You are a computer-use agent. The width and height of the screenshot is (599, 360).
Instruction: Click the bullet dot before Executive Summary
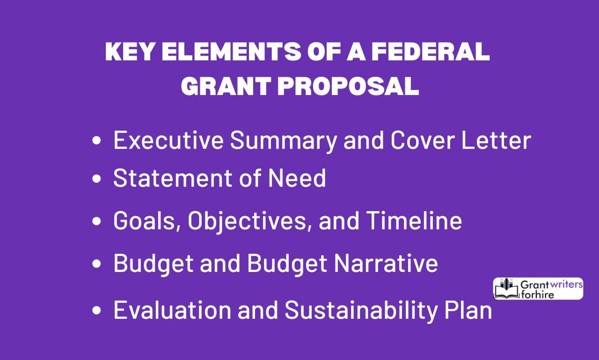point(97,141)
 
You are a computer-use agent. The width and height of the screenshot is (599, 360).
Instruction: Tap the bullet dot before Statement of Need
point(97,179)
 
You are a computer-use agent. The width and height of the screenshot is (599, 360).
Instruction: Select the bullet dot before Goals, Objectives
point(97,221)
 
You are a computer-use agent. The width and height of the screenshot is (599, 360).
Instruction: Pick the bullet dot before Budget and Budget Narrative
point(97,264)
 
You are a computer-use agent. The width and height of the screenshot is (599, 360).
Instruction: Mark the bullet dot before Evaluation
point(97,311)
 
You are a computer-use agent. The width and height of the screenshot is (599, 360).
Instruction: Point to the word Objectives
point(249,221)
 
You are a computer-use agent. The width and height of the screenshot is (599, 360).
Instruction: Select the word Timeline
point(414,221)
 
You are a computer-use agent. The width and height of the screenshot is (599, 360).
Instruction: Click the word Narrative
point(386,263)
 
